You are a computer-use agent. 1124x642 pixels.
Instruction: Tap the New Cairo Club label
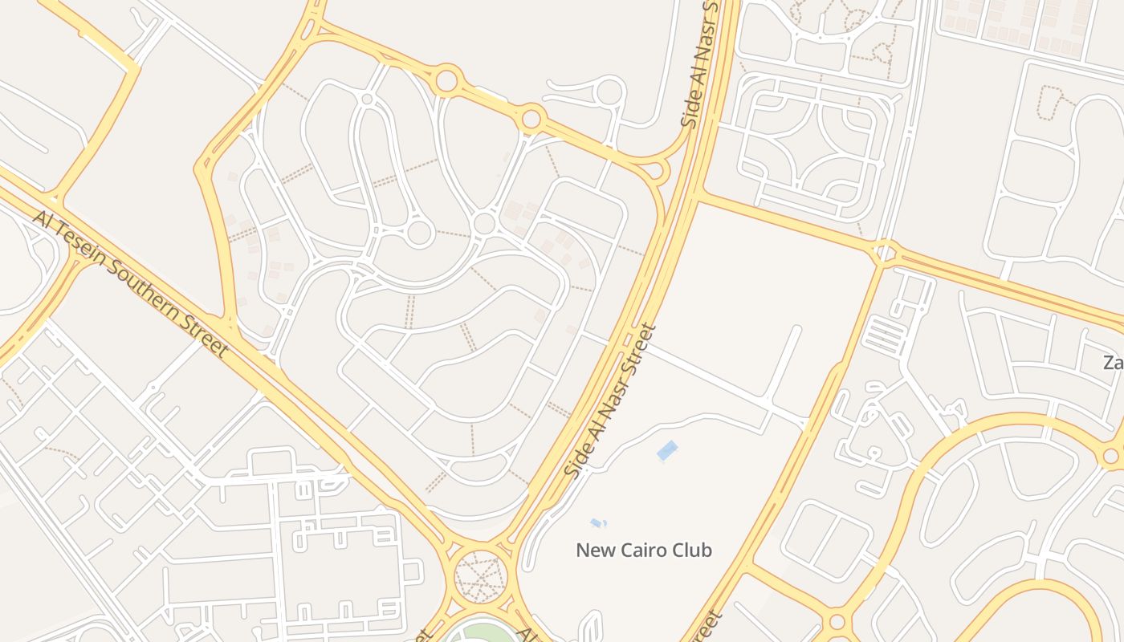[644, 551]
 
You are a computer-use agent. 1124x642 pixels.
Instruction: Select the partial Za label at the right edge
[1114, 363]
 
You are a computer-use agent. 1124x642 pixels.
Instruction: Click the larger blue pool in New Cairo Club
[667, 451]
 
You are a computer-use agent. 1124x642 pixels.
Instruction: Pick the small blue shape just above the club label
[597, 523]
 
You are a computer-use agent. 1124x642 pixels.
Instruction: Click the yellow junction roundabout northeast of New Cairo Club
[883, 254]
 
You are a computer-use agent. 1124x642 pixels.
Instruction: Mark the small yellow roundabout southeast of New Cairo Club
[837, 622]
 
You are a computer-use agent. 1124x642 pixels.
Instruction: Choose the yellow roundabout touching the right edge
[1111, 456]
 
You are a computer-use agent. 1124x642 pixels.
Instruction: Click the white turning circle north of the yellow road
[609, 91]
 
